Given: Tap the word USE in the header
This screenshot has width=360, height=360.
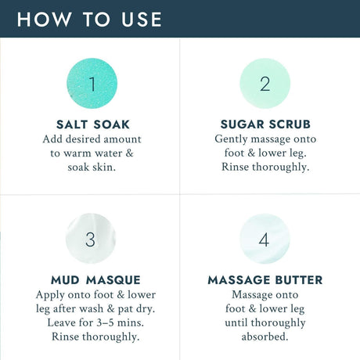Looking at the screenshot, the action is pos(142,20).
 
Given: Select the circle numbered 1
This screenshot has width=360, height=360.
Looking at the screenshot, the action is pos(92,84).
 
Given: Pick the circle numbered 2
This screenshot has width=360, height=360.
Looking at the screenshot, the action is pos(265,84).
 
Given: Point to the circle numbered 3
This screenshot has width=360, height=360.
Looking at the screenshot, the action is pos(91,239).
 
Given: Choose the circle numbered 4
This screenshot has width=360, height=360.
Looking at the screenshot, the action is pos(265,239).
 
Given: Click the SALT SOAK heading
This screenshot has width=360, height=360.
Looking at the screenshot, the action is pos(93,124).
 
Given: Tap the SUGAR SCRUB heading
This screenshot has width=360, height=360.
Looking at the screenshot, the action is pos(265,124).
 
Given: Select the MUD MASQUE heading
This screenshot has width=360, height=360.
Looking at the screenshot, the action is pos(95,280).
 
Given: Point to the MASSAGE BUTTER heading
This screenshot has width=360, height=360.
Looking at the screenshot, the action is pos(265,280).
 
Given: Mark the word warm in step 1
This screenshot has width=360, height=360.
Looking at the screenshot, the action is pos(77,153).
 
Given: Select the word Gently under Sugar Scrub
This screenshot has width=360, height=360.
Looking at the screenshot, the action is pos(231,139).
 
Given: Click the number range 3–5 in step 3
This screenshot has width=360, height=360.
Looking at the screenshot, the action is pos(105,322).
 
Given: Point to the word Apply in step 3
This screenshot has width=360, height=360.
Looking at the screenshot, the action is pos(50,295).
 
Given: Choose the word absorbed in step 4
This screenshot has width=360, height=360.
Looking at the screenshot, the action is pos(265,337).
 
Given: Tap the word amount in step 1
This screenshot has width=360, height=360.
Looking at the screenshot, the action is pos(122,139).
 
